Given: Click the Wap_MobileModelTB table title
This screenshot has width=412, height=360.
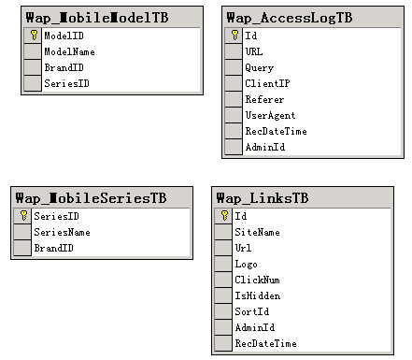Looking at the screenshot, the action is [x=97, y=18].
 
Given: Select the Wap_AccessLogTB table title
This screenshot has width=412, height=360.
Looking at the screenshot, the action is [x=290, y=18].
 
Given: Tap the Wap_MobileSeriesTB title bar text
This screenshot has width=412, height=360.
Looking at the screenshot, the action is [x=91, y=198].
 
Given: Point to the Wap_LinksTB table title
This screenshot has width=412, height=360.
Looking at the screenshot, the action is [x=263, y=198].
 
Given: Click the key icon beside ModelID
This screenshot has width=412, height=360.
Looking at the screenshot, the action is [x=34, y=36].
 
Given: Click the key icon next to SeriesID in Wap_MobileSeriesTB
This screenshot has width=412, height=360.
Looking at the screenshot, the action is [x=23, y=216].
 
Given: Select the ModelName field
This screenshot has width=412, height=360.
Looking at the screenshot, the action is [x=69, y=51].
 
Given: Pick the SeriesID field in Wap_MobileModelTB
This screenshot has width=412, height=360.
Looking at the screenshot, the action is [x=66, y=83].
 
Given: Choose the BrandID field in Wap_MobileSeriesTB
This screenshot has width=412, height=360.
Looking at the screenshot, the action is [x=53, y=248].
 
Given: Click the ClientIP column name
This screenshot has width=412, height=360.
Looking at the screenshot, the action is [x=267, y=83].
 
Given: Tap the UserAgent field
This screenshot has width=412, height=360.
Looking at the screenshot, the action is [x=270, y=116].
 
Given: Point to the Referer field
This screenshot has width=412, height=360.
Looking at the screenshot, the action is [x=264, y=100].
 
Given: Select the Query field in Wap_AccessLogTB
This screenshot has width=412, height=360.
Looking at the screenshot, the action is [x=259, y=68].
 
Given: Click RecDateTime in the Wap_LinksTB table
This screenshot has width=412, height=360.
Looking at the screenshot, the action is [x=265, y=343].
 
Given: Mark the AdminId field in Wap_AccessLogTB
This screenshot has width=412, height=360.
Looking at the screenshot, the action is [x=265, y=147].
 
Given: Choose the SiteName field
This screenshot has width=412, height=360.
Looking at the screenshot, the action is [x=257, y=232].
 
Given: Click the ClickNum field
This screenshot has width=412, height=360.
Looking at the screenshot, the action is [x=257, y=280].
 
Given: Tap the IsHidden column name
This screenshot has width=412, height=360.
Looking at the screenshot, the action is [x=258, y=295].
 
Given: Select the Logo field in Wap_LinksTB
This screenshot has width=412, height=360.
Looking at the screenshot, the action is [x=246, y=265].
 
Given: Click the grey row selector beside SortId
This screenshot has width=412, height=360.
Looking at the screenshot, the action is [x=223, y=311].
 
